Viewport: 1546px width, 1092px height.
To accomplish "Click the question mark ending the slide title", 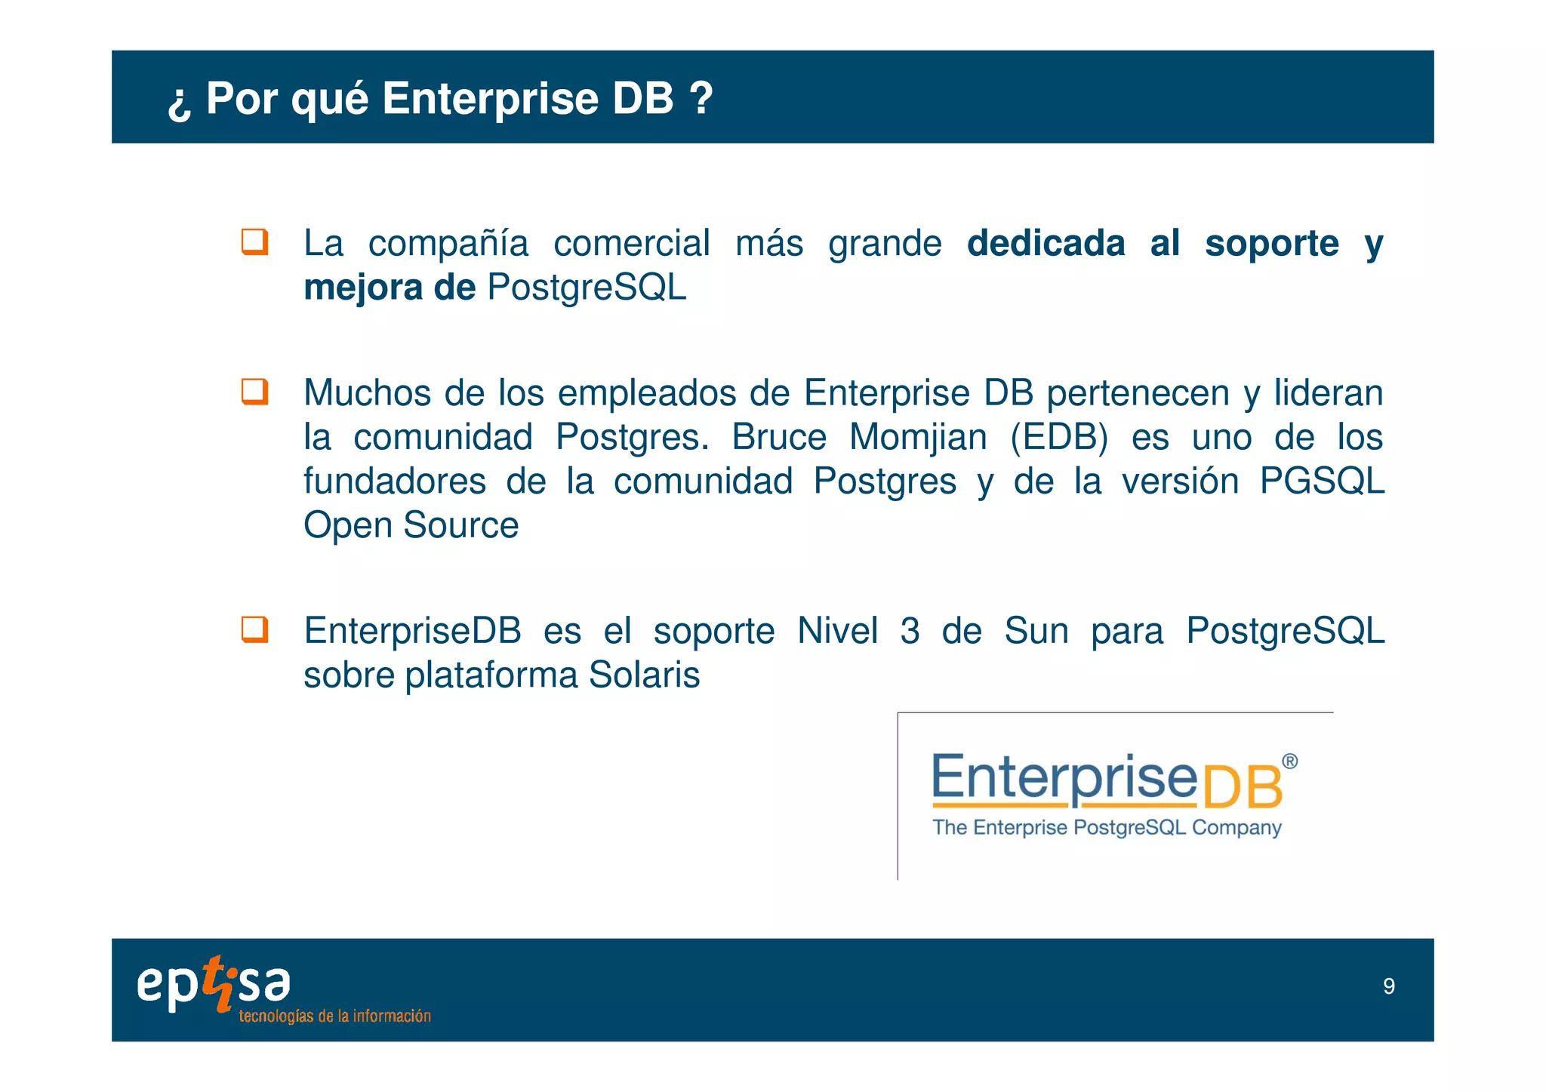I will pyautogui.click(x=701, y=98).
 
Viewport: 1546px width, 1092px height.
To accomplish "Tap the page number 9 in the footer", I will pyautogui.click(x=1388, y=986).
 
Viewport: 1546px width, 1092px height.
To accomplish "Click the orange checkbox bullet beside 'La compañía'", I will pyautogui.click(x=254, y=242).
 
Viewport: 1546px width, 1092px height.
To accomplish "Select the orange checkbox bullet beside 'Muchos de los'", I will pyautogui.click(x=254, y=392).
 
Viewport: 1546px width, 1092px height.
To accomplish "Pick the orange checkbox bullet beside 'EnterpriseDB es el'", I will pyautogui.click(x=254, y=629).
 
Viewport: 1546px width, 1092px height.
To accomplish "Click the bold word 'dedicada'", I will pyautogui.click(x=1046, y=244).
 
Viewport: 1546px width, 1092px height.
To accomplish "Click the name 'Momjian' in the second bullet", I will pyautogui.click(x=918, y=437).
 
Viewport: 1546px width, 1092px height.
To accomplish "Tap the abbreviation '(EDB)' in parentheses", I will pyautogui.click(x=1059, y=437).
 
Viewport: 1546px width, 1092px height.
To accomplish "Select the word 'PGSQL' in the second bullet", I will pyautogui.click(x=1322, y=481).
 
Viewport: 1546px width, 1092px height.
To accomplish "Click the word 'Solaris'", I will pyautogui.click(x=644, y=675).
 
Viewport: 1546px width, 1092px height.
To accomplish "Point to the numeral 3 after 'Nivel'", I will pyautogui.click(x=910, y=631).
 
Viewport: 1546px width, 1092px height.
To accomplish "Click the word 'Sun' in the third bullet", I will pyautogui.click(x=1036, y=631).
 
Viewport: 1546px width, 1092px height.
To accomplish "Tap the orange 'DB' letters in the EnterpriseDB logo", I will pyautogui.click(x=1242, y=788).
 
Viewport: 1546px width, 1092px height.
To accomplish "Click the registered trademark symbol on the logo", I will pyautogui.click(x=1290, y=761).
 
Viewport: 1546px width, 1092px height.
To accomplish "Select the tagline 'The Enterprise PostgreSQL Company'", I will pyautogui.click(x=1107, y=828).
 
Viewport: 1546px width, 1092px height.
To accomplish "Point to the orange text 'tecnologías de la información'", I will pyautogui.click(x=334, y=1017).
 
